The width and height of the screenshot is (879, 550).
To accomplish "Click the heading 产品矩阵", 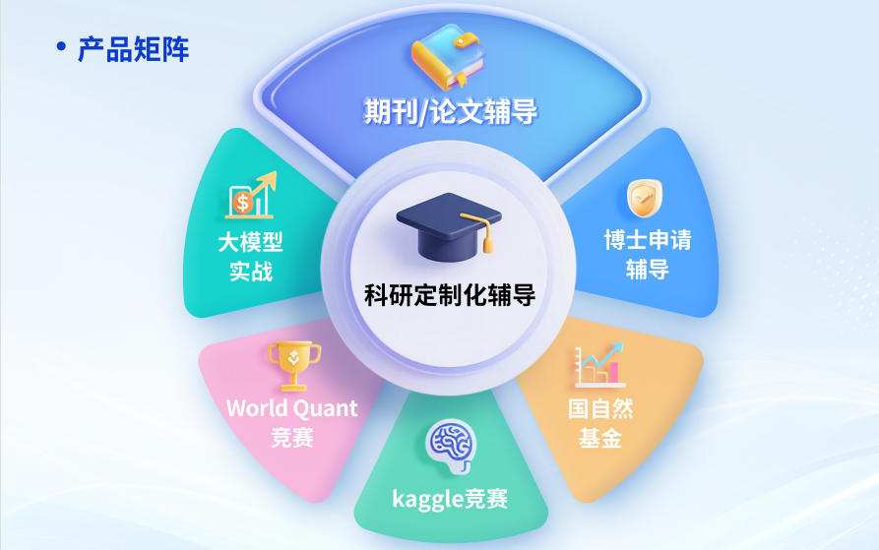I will pyautogui.click(x=133, y=48).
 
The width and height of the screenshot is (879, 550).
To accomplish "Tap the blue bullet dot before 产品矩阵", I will pyautogui.click(x=62, y=46).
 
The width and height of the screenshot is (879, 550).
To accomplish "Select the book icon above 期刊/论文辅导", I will pyautogui.click(x=449, y=58).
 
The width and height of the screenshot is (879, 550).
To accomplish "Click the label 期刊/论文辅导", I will pyautogui.click(x=450, y=111).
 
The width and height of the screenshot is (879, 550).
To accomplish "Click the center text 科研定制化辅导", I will pyautogui.click(x=450, y=293).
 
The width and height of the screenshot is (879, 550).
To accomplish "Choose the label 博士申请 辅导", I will pyautogui.click(x=647, y=254).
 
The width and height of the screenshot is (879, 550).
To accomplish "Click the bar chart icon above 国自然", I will pyautogui.click(x=599, y=365).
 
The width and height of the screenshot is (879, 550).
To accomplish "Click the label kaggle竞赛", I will pyautogui.click(x=450, y=499).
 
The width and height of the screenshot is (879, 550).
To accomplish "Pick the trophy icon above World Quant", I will pyautogui.click(x=292, y=364).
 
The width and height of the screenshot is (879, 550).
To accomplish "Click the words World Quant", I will pyautogui.click(x=292, y=407).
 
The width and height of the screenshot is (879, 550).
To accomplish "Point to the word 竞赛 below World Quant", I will pyautogui.click(x=292, y=437).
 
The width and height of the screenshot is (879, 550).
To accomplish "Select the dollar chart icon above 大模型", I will pyautogui.click(x=251, y=197).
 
